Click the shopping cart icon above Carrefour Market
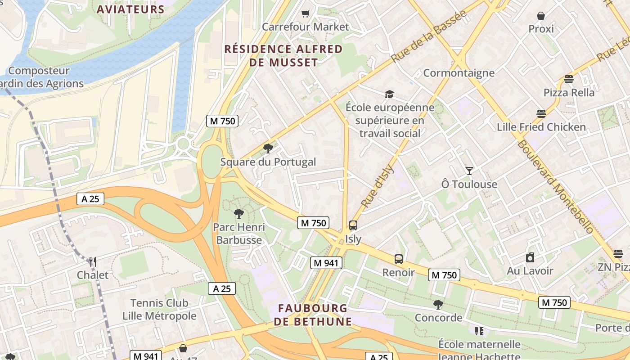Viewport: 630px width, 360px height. [306, 13]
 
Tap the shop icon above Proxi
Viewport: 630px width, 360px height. [541, 16]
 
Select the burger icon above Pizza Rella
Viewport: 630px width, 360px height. [569, 80]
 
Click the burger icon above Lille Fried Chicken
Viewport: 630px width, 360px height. [541, 114]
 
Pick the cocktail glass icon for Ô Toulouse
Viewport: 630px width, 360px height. [469, 171]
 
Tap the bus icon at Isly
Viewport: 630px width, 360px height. [353, 225]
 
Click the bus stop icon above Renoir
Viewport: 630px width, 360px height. [399, 259]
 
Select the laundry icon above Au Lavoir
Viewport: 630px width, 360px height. [530, 257]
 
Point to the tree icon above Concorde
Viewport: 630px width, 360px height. [438, 305]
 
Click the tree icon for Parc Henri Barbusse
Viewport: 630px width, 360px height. [238, 214]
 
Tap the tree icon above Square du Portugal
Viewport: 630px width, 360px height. [268, 148]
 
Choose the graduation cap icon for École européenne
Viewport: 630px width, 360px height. [389, 94]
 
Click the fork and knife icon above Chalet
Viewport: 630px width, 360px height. [92, 261]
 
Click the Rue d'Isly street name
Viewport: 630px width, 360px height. [377, 187]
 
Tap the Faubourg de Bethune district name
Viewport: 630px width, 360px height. [313, 315]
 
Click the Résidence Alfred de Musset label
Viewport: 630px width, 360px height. [283, 56]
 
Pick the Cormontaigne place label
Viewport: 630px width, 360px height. [459, 73]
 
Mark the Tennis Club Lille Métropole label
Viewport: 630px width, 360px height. [159, 310]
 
